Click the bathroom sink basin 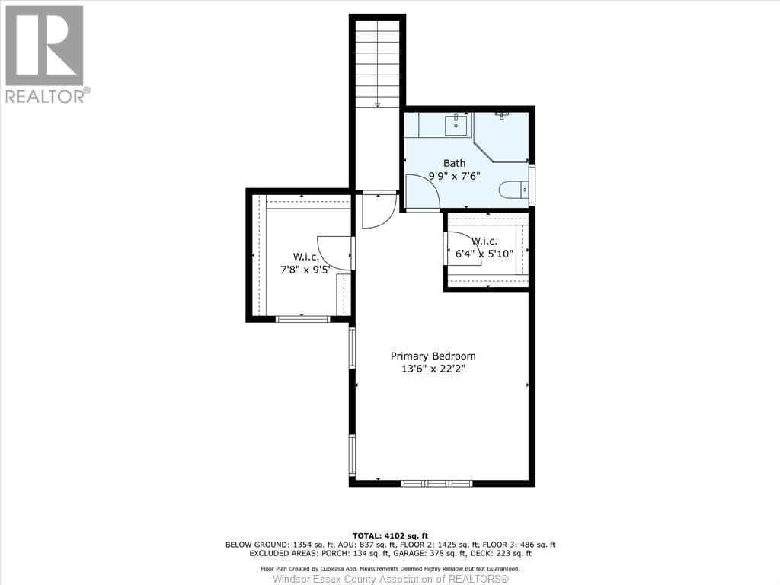tap(459, 124)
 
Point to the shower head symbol tap(501, 115)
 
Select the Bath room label tap(454, 163)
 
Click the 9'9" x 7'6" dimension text tap(454, 175)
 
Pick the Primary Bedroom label tap(433, 356)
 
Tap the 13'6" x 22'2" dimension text tap(433, 369)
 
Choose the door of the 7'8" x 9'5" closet tap(334, 252)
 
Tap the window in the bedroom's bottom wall tap(437, 483)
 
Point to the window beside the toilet tap(532, 184)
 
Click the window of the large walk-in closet tap(302, 318)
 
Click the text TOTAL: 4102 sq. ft tap(389, 535)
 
